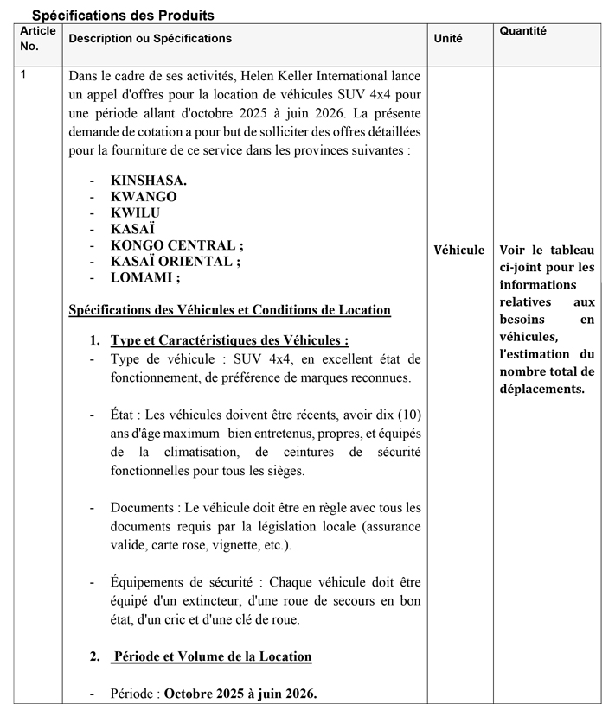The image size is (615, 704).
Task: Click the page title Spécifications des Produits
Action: [123, 16]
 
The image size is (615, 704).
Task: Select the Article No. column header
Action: [37, 38]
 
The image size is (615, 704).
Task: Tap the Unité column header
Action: [448, 39]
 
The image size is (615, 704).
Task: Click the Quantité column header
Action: [523, 31]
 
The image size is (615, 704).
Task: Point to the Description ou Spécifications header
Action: [151, 39]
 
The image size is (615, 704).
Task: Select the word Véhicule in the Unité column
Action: [459, 251]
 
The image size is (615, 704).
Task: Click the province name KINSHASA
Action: [149, 181]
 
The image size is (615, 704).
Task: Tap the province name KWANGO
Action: [144, 197]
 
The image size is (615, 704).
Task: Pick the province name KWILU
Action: [135, 213]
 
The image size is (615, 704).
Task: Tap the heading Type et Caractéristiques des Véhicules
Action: [229, 341]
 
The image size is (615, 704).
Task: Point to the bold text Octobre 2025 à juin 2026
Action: [240, 693]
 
